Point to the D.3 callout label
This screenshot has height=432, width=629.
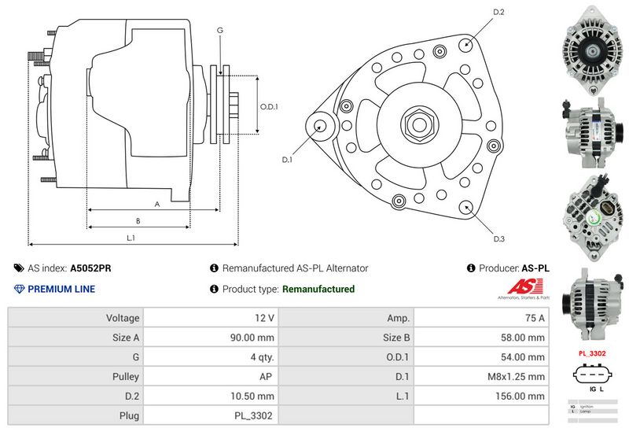tap(498, 239)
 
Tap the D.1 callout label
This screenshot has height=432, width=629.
tap(287, 160)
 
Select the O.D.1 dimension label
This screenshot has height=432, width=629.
tap(270, 107)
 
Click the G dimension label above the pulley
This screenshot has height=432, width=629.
tap(220, 30)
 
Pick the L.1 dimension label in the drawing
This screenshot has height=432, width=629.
tap(131, 238)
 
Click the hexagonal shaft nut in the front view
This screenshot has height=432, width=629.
tap(416, 124)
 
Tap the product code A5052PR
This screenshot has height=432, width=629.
tap(90, 268)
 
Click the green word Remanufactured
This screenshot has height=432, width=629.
tap(318, 289)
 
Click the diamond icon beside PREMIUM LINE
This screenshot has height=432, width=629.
tap(20, 289)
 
